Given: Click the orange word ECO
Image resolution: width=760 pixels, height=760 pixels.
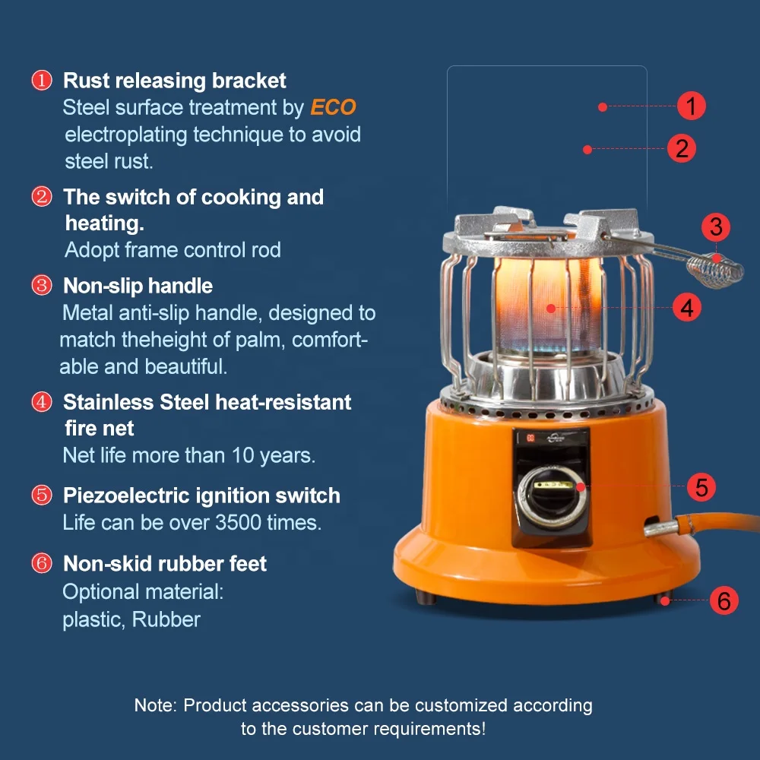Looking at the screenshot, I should tap(333, 108).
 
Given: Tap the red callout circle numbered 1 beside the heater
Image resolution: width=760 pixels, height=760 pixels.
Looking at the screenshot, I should tap(691, 106).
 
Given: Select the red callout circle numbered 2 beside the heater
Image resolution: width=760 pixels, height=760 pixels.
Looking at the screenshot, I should tap(682, 147).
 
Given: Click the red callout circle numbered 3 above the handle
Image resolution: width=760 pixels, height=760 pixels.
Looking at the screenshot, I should tap(715, 226).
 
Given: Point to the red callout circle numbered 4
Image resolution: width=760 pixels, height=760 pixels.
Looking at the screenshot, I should tap(686, 307).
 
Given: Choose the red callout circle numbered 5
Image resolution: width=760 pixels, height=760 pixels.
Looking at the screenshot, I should tap(701, 487).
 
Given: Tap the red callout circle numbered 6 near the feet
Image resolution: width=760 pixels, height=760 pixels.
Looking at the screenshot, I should tap(724, 600).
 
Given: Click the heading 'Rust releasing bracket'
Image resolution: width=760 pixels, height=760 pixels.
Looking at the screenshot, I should tap(175, 81).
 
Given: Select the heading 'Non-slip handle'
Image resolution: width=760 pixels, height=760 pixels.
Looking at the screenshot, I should tap(138, 286).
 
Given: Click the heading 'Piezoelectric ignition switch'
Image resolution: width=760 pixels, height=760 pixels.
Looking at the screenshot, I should tap(201, 496).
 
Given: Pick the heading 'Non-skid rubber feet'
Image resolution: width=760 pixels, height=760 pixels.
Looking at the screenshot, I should tap(165, 563).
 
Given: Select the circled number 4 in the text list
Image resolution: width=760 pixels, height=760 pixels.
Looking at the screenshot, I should tap(41, 402).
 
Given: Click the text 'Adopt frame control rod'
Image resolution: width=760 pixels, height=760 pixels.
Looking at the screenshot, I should tap(173, 249).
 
